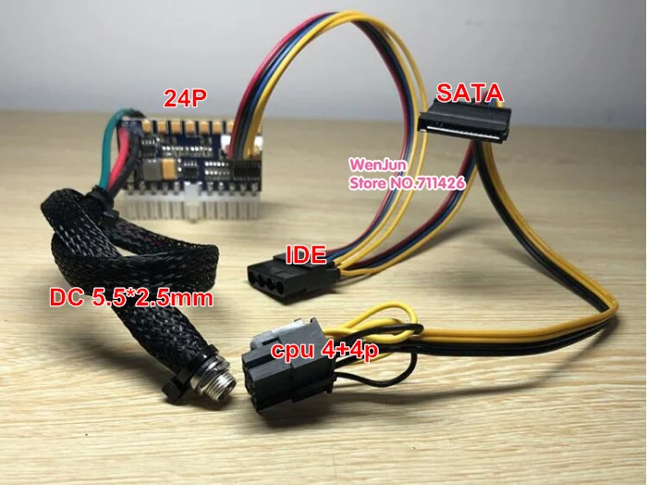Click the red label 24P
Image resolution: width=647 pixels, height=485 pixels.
pos(184,96)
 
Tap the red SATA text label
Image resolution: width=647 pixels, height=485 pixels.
pos(469,93)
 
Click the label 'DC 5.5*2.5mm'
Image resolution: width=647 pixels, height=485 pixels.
pos(130,298)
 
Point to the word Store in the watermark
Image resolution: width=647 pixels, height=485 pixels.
pos(365,183)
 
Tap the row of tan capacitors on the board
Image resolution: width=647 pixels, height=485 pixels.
pos(189,126)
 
